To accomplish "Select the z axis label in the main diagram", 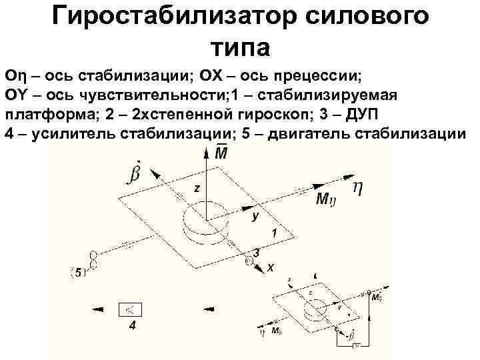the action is click(x=197, y=189).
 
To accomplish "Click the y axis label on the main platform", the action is click(x=255, y=216).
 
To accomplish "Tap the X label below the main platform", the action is click(x=271, y=266).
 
